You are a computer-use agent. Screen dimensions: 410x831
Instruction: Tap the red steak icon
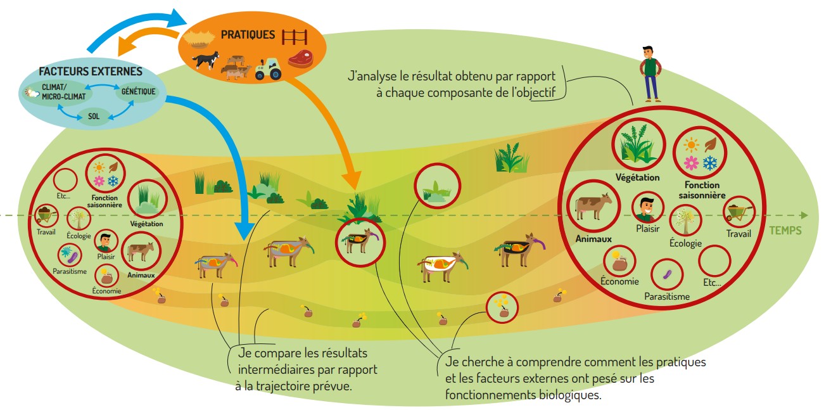(301, 59)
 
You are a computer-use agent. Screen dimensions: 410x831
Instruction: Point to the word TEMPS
(785, 231)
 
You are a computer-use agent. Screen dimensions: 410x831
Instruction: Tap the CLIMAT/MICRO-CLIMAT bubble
(60, 92)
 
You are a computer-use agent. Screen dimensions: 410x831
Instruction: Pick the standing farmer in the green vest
(649, 73)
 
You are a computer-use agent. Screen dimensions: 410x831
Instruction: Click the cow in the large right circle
(593, 206)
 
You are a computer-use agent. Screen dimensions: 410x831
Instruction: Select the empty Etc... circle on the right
(715, 260)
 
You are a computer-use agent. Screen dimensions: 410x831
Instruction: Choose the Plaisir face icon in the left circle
(106, 241)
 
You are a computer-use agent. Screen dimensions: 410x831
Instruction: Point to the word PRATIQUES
(248, 34)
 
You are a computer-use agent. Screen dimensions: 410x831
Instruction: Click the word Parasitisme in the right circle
(666, 296)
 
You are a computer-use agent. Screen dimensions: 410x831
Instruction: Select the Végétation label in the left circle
(146, 224)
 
